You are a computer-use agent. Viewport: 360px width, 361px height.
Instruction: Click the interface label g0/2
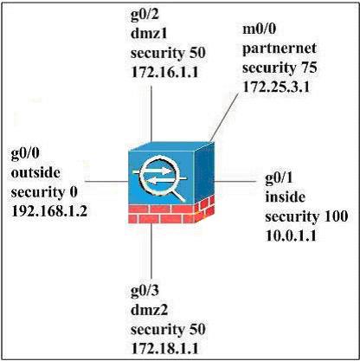click(x=145, y=15)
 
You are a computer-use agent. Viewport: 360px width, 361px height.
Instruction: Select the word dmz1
click(x=149, y=34)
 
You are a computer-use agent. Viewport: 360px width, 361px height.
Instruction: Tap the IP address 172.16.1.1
click(x=164, y=72)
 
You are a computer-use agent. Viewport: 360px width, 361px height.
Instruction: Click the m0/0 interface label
click(x=259, y=29)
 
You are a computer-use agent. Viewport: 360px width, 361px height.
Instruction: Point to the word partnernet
click(x=280, y=49)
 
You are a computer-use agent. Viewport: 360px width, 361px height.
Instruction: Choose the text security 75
click(x=280, y=68)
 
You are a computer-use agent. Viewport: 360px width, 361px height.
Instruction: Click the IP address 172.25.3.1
click(x=276, y=87)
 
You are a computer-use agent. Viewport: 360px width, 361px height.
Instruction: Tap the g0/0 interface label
click(x=25, y=154)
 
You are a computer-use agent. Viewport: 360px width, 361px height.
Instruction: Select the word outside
click(x=35, y=172)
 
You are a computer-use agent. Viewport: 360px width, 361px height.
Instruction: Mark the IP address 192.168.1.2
click(x=49, y=211)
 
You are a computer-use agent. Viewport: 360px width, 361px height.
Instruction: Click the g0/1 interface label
click(x=279, y=178)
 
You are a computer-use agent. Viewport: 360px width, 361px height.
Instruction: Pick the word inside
click(x=285, y=197)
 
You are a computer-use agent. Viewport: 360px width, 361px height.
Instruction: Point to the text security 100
click(x=306, y=216)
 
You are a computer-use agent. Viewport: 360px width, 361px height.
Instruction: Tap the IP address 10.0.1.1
click(x=291, y=235)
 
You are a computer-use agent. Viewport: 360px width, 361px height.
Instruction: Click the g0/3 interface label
click(x=145, y=291)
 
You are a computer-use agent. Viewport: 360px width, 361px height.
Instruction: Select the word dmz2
click(x=149, y=310)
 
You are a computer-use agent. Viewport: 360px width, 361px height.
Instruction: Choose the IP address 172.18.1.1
click(x=164, y=348)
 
